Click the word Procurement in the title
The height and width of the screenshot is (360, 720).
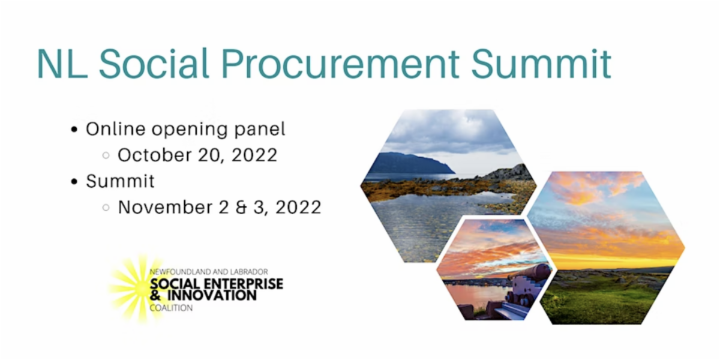click(340, 64)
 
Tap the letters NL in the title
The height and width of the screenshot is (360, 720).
click(62, 64)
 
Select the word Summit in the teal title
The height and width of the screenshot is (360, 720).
click(541, 64)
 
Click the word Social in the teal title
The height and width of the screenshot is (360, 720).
click(154, 64)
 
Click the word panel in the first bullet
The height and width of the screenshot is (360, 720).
click(260, 130)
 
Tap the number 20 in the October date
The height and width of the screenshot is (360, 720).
click(211, 155)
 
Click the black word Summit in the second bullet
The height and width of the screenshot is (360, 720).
click(120, 181)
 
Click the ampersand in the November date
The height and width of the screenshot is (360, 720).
click(241, 208)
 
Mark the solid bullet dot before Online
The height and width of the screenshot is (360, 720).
click(74, 130)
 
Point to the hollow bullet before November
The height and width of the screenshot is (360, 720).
click(106, 208)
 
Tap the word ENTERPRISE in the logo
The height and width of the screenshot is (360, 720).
click(244, 284)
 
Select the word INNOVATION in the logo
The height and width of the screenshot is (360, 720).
click(212, 295)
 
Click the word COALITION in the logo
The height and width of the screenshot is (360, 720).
click(171, 308)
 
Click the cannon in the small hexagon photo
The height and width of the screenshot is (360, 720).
click(527, 283)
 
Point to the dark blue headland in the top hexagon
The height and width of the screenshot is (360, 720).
click(412, 163)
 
